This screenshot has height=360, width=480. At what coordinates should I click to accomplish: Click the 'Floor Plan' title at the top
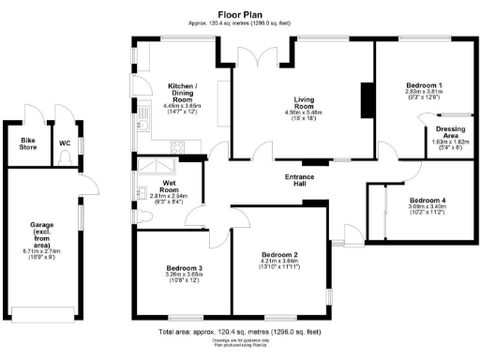point(241,14)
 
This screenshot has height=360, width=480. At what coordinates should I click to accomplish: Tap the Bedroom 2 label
point(280,255)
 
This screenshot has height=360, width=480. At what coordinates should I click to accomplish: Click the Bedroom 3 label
point(185,267)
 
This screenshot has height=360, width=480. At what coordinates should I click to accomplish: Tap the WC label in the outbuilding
point(65,143)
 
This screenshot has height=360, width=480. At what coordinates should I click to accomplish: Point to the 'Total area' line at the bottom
point(241,333)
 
